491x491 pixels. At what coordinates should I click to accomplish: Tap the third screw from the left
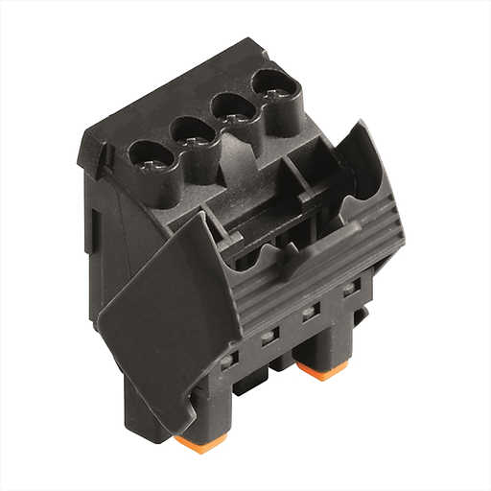pyautogui.click(x=232, y=106)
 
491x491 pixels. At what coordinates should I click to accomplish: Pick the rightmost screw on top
pyautogui.click(x=270, y=86)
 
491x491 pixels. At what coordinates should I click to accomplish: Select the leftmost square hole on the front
pyautogui.click(x=227, y=362)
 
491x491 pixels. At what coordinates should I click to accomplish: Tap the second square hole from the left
pyautogui.click(x=269, y=336)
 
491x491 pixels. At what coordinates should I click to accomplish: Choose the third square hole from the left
pyautogui.click(x=310, y=312)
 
